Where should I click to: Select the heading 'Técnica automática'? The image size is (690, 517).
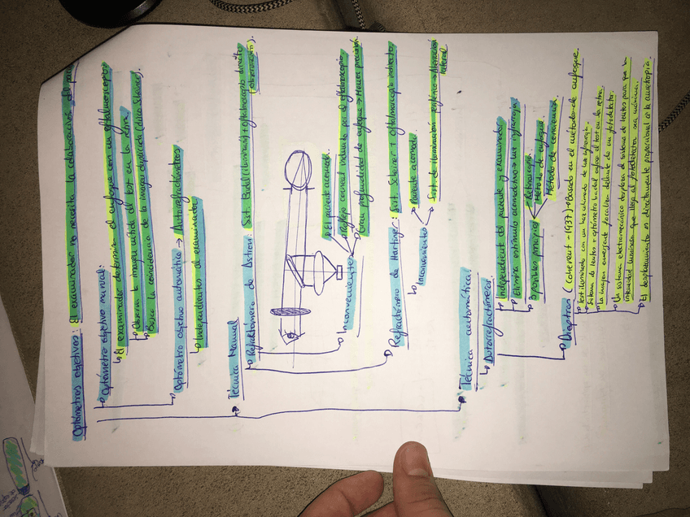(x=469, y=325)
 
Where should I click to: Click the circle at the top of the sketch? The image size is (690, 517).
(x=298, y=172)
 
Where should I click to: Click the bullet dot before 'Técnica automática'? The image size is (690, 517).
(x=461, y=399)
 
